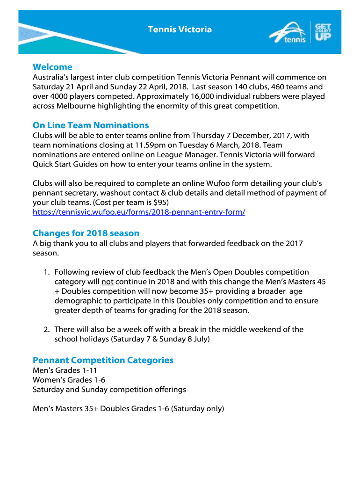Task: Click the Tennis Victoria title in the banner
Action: coord(180,30)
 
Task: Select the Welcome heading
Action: coord(52,67)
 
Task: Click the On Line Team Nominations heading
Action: coord(91,125)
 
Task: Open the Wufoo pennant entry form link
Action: coord(139,212)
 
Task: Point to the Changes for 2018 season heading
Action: coord(86,233)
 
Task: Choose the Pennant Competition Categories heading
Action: coord(103,360)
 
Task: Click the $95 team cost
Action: coord(160,202)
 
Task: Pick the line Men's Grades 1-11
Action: coord(65,370)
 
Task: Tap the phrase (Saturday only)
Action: coord(198,409)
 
